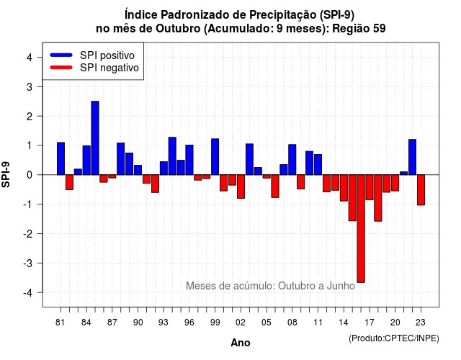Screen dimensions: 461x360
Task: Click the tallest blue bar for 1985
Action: [x=95, y=138]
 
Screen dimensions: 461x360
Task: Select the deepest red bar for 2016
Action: [x=361, y=229]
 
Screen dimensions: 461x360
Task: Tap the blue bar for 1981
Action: [x=61, y=158]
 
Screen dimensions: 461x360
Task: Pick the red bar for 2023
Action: [x=421, y=190]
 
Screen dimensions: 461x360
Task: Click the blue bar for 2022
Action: [x=413, y=157]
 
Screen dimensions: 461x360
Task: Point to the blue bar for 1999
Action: [x=215, y=157]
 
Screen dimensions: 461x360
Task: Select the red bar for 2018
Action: [x=378, y=198]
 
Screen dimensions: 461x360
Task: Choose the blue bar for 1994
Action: [x=172, y=156]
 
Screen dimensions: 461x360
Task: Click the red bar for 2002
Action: [x=241, y=186]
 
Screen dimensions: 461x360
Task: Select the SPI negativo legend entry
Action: [x=94, y=68]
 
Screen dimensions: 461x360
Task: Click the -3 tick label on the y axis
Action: [x=28, y=263]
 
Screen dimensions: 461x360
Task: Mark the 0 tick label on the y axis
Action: [x=30, y=175]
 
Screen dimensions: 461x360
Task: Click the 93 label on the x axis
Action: [x=164, y=323]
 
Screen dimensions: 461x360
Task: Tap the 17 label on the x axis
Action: [x=370, y=323]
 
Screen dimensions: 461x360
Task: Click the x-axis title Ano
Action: [x=241, y=343]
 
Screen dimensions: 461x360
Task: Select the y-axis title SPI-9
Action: [x=6, y=174]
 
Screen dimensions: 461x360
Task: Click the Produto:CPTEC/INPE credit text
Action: [x=394, y=338]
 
